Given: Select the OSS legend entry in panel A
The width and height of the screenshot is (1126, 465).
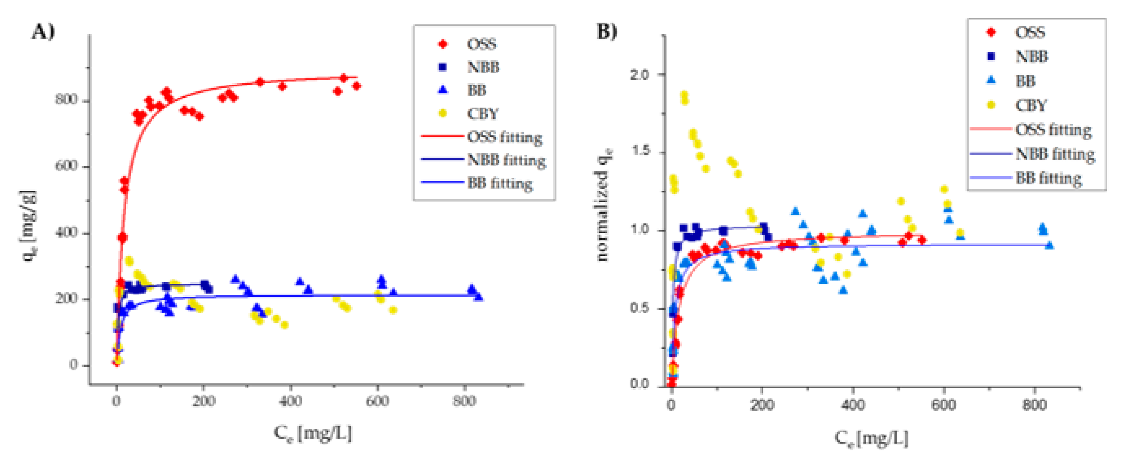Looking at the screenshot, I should coord(481,44).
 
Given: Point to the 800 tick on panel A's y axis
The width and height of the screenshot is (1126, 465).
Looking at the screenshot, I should coord(66,100).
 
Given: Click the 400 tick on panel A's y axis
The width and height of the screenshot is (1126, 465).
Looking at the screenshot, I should coord(66,232).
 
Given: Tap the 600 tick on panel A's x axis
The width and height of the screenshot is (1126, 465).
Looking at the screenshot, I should coord(377,401).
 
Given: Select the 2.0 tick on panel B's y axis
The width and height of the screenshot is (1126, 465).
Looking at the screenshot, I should coord(639,74).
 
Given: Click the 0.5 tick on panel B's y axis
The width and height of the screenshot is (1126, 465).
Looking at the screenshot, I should coord(639,308).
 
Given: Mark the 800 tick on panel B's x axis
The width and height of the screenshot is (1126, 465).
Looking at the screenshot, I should coord(1034,405).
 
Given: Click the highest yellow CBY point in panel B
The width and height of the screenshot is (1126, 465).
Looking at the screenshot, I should coord(684,95).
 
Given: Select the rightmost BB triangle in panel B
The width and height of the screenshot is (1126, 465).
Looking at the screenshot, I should coord(1049,245).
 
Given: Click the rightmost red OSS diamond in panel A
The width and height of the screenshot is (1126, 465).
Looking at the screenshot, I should coord(356,86).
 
